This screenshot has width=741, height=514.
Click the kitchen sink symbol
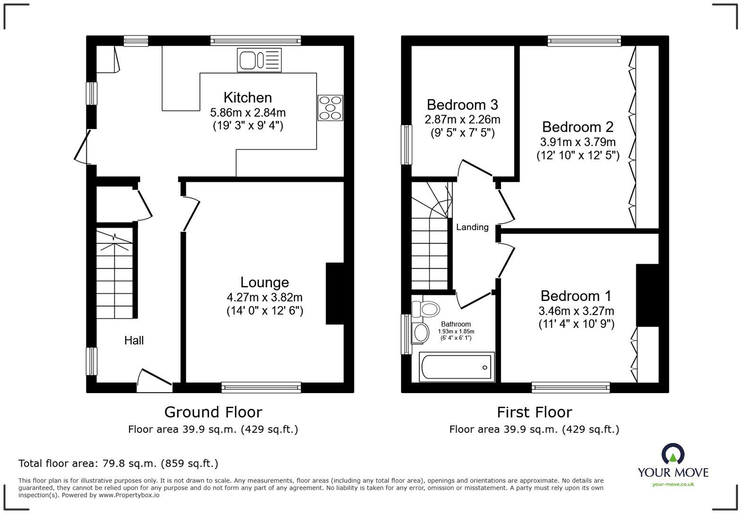point(259,60)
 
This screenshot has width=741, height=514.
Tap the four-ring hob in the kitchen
point(330,108)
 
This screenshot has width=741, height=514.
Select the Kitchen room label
point(248,98)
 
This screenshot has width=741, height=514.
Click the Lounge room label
point(264,283)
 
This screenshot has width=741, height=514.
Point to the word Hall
point(134,341)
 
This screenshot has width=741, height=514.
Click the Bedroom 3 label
point(462,104)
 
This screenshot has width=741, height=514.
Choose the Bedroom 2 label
point(577,127)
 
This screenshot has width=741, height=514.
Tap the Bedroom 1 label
point(576,296)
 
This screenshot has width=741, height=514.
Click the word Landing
point(472,227)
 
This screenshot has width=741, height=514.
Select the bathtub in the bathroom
point(456,367)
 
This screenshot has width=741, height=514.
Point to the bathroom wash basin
point(420,333)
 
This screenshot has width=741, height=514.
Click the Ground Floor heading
point(213,412)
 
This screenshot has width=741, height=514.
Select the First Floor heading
point(534,412)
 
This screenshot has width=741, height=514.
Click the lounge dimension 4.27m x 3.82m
point(264,298)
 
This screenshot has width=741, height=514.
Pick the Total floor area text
point(118,463)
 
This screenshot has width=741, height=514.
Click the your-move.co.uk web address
point(673,484)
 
